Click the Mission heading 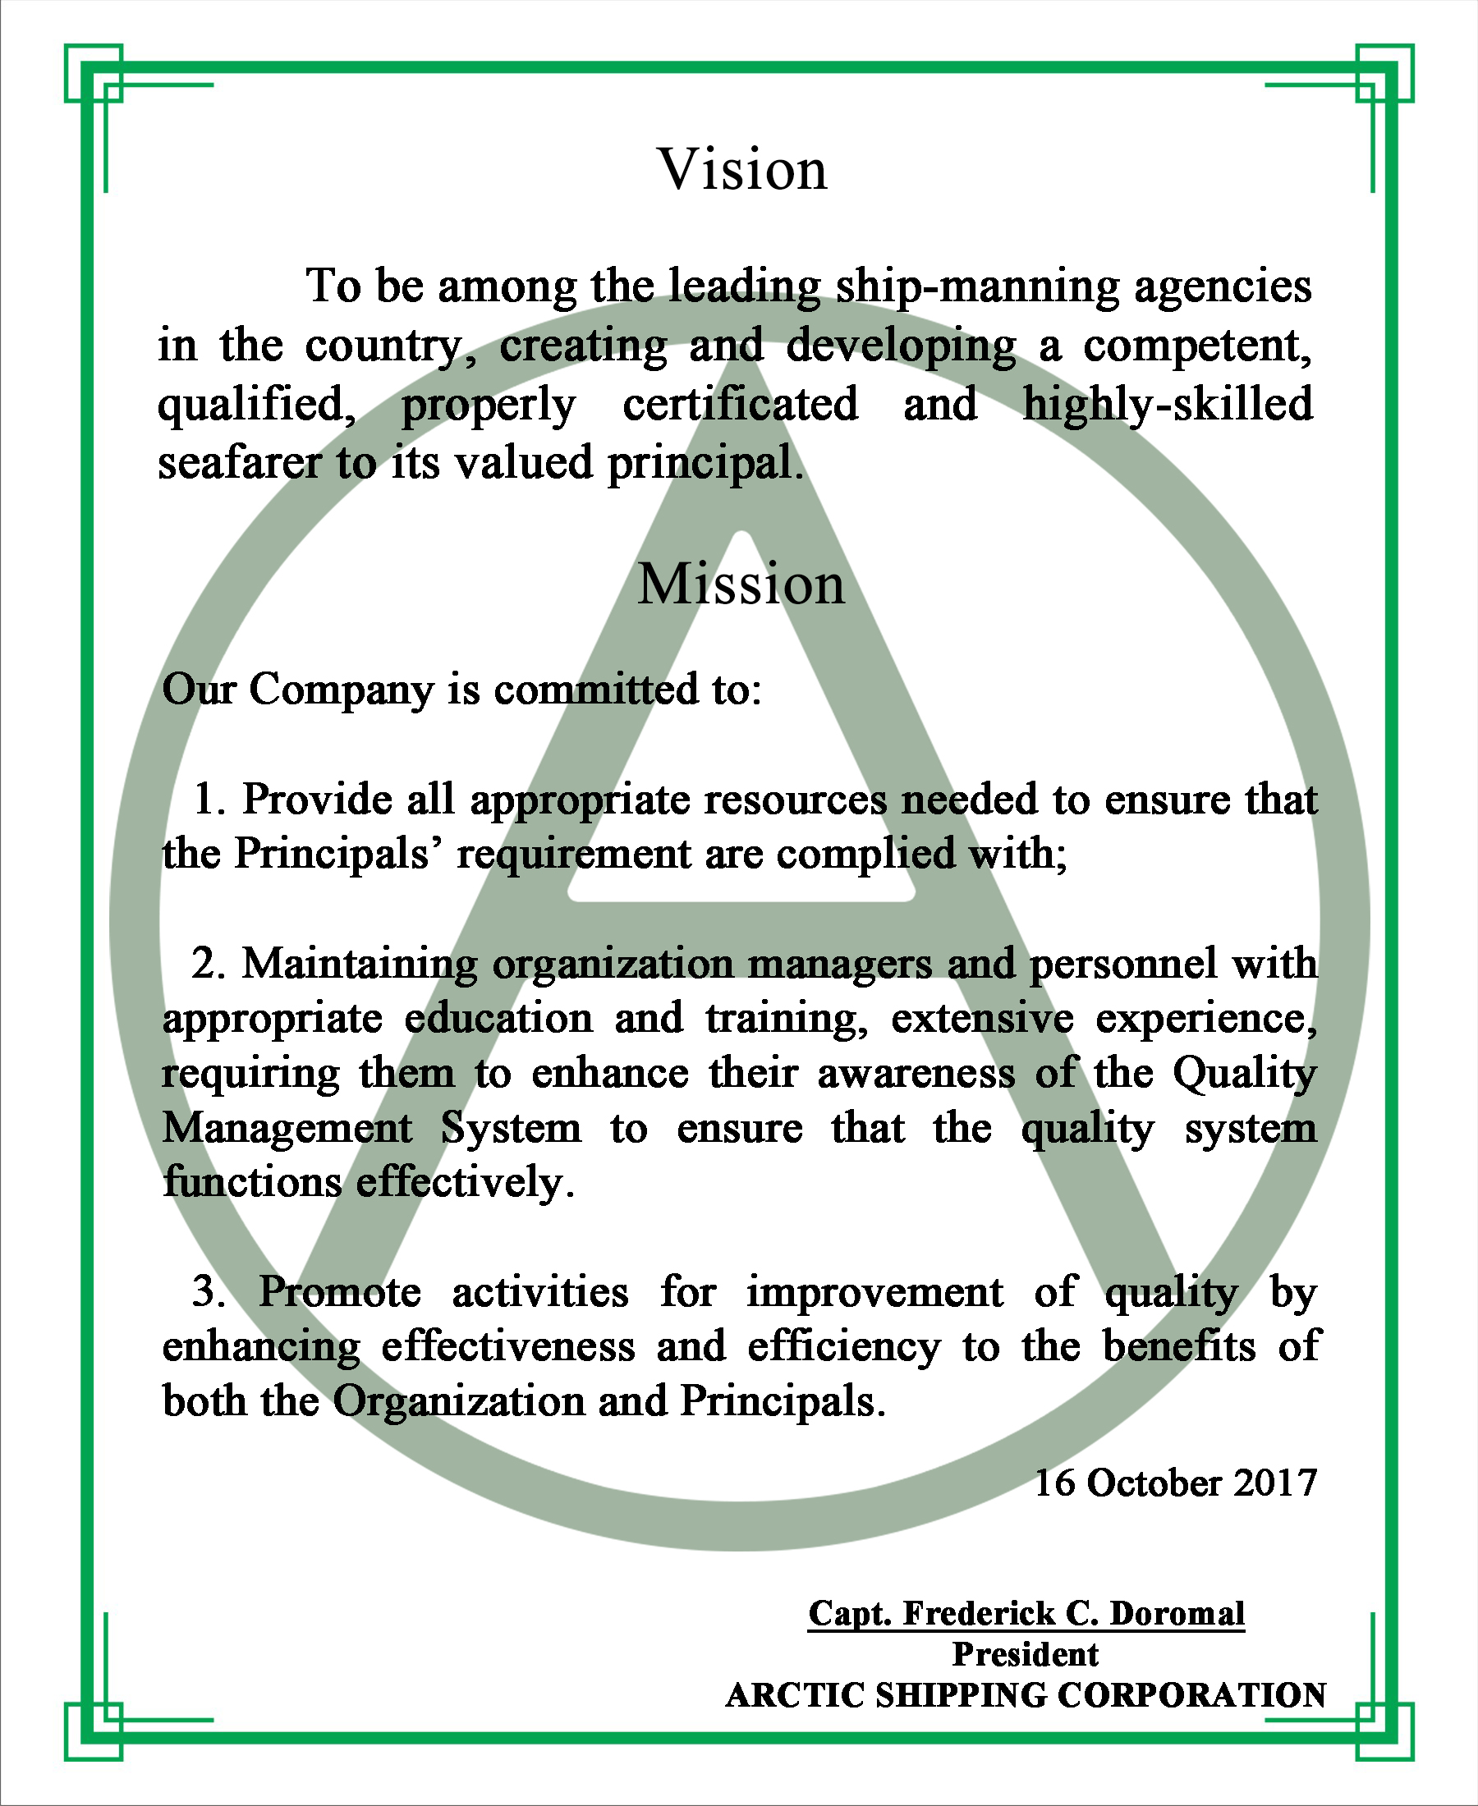pos(741,584)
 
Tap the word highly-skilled pos(1168,404)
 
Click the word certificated pos(740,404)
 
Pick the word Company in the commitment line pos(342,690)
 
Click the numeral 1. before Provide pos(209,800)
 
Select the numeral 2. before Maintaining pos(209,965)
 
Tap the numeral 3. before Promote pos(209,1292)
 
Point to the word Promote pos(340,1292)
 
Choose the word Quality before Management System pos(1244,1074)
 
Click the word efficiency pos(844,1347)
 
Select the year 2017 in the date pos(1274,1483)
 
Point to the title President pos(1025,1654)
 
